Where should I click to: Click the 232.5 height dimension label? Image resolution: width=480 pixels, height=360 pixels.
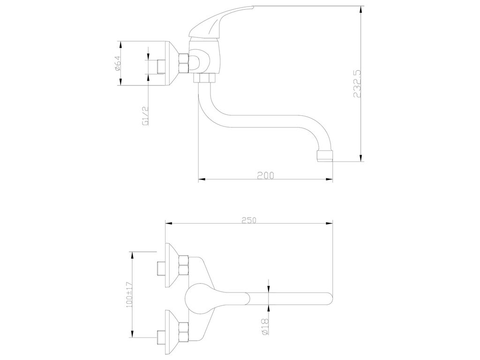[357, 84]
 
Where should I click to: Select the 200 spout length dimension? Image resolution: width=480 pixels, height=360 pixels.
[265, 175]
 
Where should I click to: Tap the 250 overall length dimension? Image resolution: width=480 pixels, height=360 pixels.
[248, 220]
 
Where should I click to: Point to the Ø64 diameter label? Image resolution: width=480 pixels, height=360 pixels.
[118, 64]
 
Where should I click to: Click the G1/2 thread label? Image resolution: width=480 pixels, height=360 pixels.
[145, 116]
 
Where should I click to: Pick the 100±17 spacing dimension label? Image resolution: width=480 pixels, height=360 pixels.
[129, 295]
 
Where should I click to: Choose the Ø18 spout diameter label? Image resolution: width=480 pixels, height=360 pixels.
[265, 327]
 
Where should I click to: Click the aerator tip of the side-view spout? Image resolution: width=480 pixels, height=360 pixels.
[324, 156]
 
